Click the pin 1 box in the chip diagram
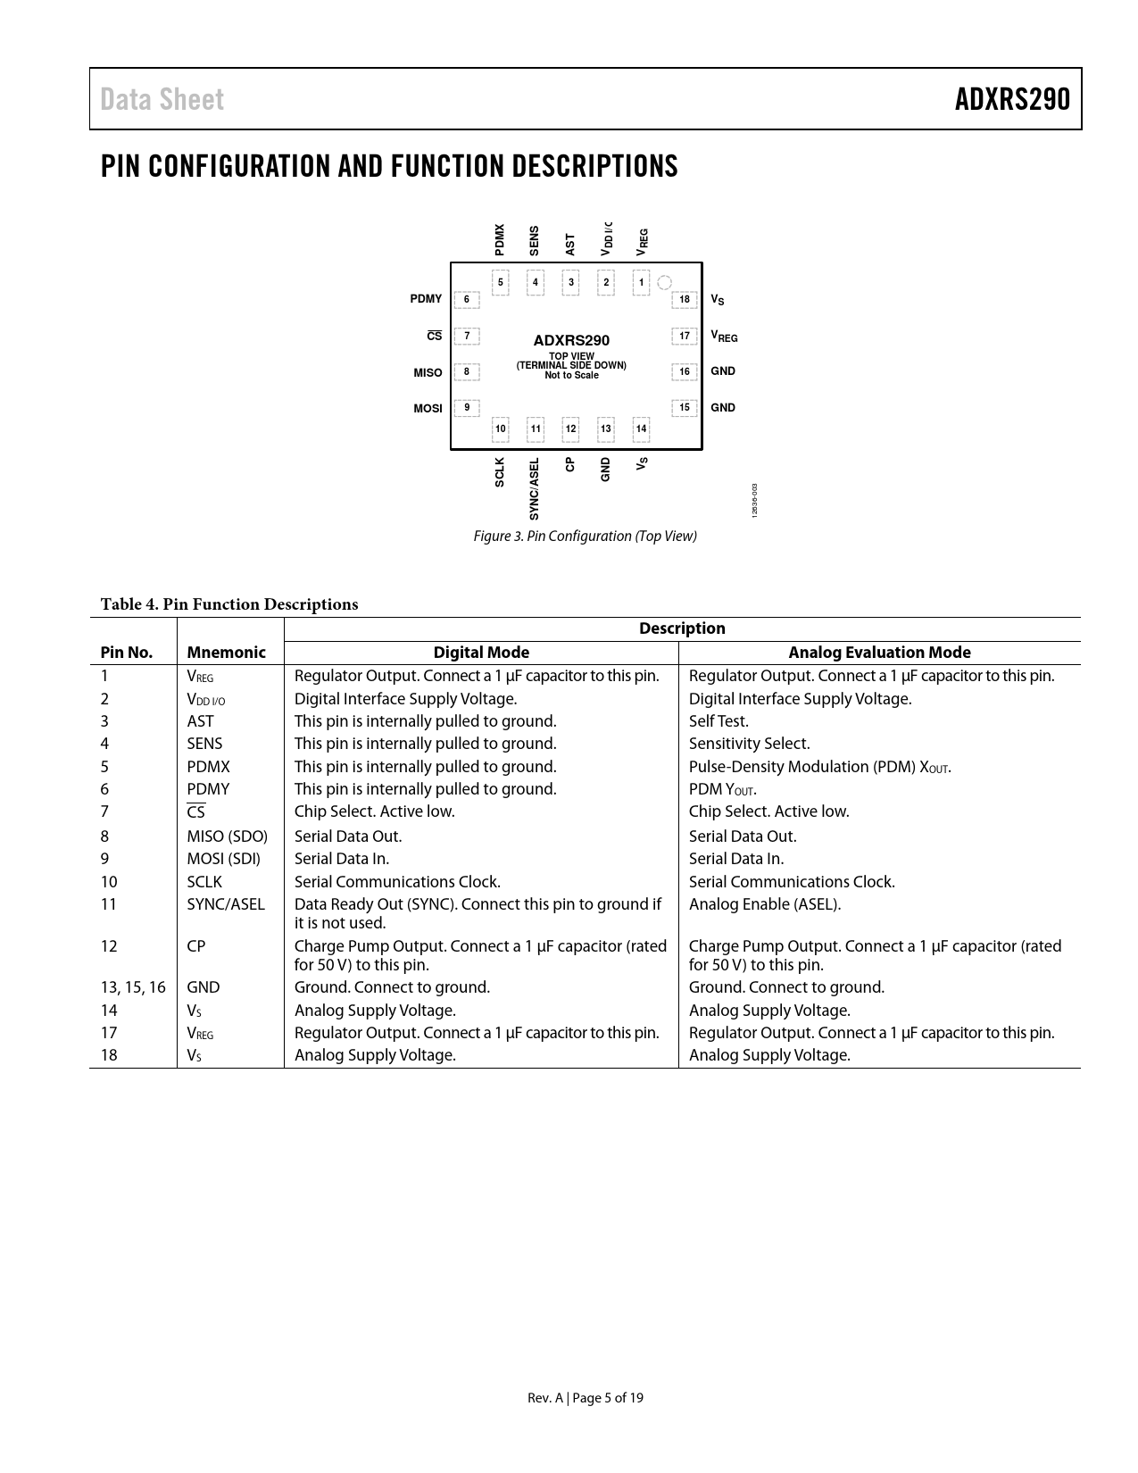pos(641,283)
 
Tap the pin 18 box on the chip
pos(685,300)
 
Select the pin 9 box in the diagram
pos(466,408)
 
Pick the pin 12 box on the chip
pos(570,429)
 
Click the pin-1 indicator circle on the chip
pos(664,283)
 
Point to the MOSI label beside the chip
pos(428,409)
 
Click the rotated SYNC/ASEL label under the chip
pos(535,489)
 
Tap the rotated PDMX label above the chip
pos(500,240)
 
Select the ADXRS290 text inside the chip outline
pos(571,341)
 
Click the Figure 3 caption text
pos(585,537)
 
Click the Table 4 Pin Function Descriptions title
pos(229,604)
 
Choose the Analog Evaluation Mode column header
pos(879,653)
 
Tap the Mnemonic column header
pos(227,653)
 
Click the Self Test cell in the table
pos(719,721)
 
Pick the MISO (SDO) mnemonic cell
pos(227,836)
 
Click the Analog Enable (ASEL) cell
pos(764,904)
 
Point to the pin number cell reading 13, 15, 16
pos(133,987)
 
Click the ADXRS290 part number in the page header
pos(1012,99)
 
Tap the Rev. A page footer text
pos(585,1398)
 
